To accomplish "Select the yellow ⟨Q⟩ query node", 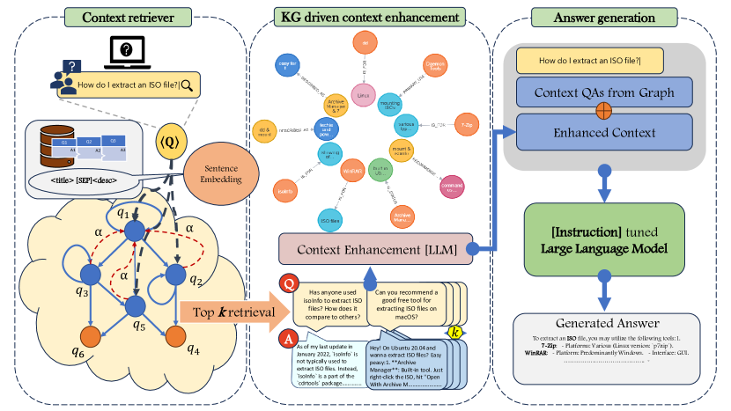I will point(170,143).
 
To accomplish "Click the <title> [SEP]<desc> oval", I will point(85,182).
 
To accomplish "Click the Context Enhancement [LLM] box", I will point(377,248).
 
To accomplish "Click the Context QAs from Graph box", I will point(603,93).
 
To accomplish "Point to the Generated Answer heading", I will point(603,322).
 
